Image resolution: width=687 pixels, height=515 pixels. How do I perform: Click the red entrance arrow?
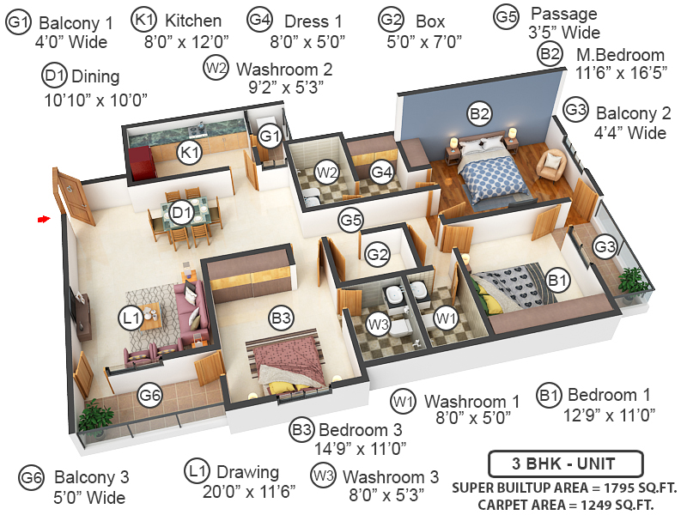click(x=42, y=220)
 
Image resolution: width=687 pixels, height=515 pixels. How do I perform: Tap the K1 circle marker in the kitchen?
click(x=189, y=154)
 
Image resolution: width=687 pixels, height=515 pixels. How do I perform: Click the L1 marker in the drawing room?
click(x=130, y=319)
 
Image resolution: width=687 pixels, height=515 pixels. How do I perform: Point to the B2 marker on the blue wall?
click(x=479, y=112)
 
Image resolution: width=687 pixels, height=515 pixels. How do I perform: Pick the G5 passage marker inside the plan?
click(x=350, y=221)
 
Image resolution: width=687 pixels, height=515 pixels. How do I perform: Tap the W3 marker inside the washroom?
click(x=378, y=324)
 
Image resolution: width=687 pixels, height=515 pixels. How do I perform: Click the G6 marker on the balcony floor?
click(x=150, y=397)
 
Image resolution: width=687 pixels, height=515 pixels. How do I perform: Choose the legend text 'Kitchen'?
click(x=193, y=21)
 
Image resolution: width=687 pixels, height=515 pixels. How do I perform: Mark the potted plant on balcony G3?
click(x=633, y=279)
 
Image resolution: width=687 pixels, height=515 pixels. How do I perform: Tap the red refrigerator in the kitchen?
click(x=139, y=161)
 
